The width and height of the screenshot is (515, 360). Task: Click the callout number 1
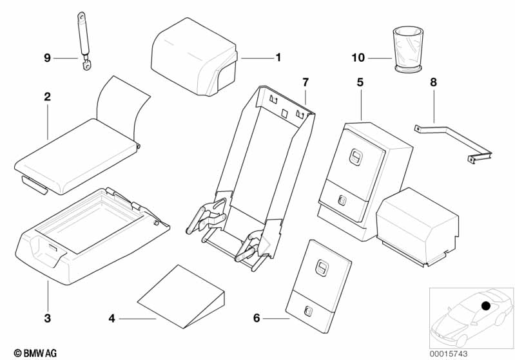[278, 58]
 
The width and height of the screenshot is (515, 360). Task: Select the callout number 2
[48, 97]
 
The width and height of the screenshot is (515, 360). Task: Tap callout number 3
[48, 318]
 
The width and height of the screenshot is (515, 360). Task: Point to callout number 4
[112, 318]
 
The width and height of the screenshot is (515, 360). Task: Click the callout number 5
[360, 82]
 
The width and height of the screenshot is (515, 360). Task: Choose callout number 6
[257, 317]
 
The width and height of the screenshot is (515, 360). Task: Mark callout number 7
[306, 82]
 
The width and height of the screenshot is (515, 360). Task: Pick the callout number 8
[434, 82]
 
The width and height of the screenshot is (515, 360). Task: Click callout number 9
[47, 58]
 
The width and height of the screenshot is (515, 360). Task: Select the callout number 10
[358, 58]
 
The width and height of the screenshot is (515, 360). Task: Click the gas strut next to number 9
[83, 41]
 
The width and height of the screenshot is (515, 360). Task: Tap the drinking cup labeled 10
[408, 49]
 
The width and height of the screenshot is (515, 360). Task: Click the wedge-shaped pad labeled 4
[181, 296]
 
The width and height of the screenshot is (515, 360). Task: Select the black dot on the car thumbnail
[486, 306]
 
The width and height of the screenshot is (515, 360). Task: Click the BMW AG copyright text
[35, 353]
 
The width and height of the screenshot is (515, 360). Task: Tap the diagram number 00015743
[449, 354]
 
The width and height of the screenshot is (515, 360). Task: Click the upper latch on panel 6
[321, 266]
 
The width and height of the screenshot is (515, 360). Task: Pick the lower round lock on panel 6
[309, 310]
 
